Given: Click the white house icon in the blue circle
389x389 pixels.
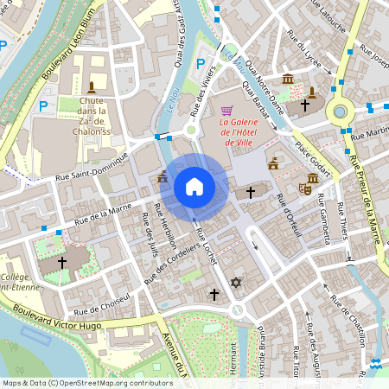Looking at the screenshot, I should [194, 187].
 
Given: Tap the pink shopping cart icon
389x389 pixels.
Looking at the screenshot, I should [226, 111].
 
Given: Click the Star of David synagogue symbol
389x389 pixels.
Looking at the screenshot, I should [236, 283].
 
